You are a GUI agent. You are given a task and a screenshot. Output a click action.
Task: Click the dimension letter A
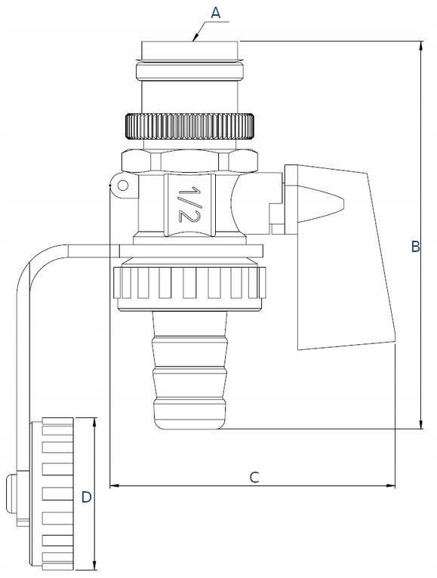point(216,13)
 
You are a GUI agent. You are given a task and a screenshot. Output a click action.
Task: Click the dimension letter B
point(416,247)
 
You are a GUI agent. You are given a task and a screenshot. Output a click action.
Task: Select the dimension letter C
point(254,478)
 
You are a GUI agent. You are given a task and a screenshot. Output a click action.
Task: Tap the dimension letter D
point(86,497)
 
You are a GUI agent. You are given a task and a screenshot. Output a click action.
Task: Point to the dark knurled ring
point(190,127)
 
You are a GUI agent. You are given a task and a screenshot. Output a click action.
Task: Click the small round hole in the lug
point(123,186)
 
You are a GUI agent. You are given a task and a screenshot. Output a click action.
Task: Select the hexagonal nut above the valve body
point(189,161)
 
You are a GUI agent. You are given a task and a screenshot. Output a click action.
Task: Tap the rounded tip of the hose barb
point(189,420)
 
